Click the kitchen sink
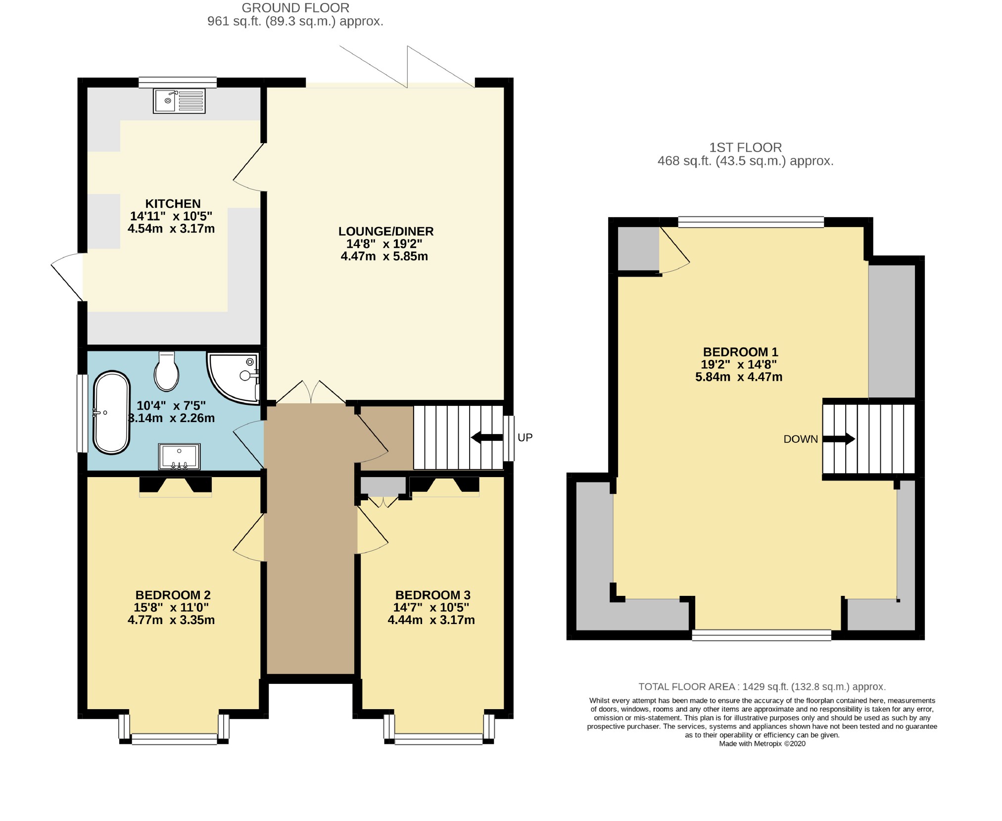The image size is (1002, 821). point(179,101)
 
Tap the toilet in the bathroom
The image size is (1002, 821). point(166,371)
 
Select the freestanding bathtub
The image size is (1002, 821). point(112,412)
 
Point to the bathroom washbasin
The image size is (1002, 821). point(179,456)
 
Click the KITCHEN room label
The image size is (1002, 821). point(173,203)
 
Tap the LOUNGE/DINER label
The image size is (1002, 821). point(386,231)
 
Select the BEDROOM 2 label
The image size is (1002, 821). point(173,595)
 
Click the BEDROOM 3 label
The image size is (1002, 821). point(432,595)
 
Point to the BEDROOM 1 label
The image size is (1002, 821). point(740,352)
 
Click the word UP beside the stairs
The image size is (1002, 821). point(525,437)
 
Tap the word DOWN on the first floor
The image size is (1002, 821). point(801,439)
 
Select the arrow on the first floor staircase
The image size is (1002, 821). point(839,438)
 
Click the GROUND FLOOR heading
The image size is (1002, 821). point(295,8)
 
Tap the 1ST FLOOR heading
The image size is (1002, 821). point(745,147)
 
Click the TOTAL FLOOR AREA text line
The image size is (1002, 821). point(762,686)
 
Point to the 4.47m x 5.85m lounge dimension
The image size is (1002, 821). point(384,256)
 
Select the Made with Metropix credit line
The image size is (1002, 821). point(762,758)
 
